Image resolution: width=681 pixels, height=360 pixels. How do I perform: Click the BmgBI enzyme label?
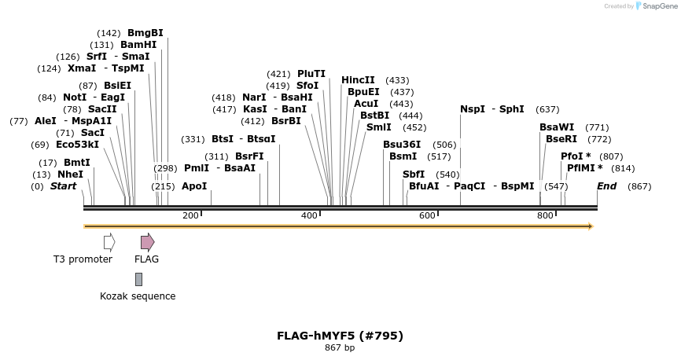coord(145,33)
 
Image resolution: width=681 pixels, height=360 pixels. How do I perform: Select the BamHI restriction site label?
coord(138,45)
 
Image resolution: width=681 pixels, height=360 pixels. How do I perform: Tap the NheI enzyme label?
coord(71,174)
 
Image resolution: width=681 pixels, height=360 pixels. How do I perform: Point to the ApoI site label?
coord(194,186)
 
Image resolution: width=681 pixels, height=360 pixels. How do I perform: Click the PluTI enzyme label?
coord(311,74)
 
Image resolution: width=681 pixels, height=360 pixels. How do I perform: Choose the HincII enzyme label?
coord(358,80)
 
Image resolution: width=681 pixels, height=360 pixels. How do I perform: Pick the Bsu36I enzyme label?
coord(402,145)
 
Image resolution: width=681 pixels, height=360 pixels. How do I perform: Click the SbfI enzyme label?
coord(414,174)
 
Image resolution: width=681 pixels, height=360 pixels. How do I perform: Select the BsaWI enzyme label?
coord(557,127)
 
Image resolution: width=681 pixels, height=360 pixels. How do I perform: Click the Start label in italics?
coord(64,186)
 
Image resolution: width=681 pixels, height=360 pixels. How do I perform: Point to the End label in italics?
coord(607,186)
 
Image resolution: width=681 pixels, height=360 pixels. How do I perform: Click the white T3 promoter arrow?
coord(109,241)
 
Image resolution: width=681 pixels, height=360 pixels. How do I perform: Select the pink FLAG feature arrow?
coord(147,241)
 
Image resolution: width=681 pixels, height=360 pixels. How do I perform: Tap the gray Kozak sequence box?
coord(138,279)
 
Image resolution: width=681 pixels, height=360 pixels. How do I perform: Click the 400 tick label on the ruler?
coord(308,215)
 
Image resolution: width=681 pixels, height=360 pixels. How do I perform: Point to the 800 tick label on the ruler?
coord(544,215)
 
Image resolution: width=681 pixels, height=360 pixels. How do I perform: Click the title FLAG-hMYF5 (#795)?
coord(340,336)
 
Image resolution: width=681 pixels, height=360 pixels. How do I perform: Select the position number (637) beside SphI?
coord(547,109)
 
